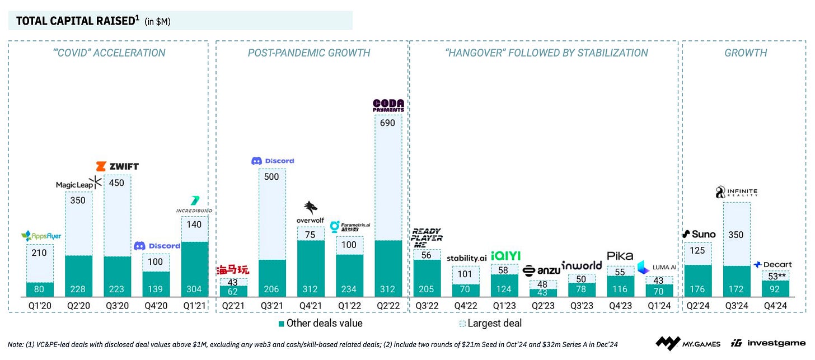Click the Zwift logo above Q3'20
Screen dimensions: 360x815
click(x=117, y=166)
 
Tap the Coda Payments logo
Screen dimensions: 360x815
click(x=388, y=105)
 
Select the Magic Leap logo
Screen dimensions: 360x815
click(x=78, y=184)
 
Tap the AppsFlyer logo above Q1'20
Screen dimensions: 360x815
click(x=40, y=236)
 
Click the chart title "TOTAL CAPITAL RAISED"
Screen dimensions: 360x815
click(x=75, y=21)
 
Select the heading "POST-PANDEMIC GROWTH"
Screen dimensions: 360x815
click(x=309, y=53)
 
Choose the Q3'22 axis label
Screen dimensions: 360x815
click(x=427, y=306)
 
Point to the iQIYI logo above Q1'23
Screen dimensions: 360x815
click(x=505, y=256)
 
